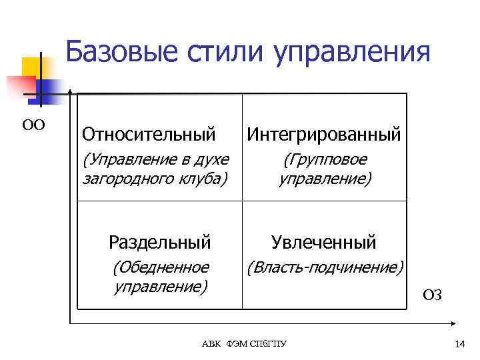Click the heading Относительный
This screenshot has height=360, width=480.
(149, 134)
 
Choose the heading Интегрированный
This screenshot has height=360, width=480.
(324, 134)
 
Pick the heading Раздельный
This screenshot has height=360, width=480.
(160, 241)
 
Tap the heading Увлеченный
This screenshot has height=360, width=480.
(324, 241)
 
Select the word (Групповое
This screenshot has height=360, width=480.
(325, 160)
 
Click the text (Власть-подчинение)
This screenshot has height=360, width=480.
(325, 267)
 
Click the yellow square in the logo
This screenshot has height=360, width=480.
(32, 67)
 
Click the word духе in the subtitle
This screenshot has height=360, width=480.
(212, 160)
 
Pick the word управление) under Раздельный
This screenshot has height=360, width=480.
(160, 287)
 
